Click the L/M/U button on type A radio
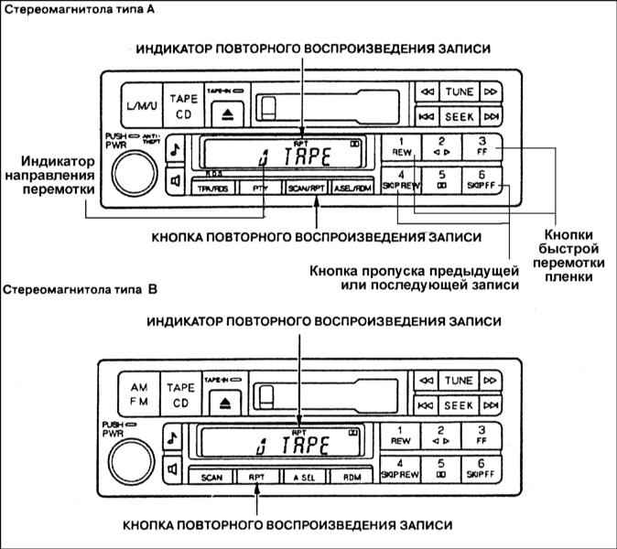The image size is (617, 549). tap(135, 105)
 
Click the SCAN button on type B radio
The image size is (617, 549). tap(211, 477)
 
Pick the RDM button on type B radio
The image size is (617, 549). tap(352, 477)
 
